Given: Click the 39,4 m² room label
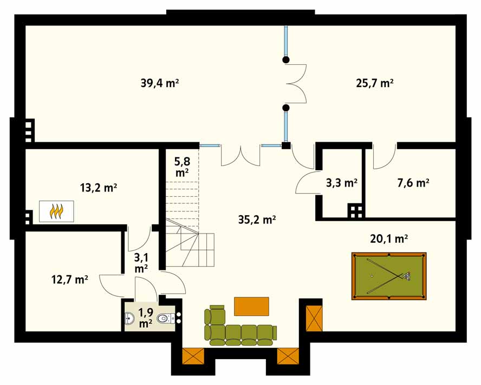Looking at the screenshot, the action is pyautogui.click(x=159, y=83).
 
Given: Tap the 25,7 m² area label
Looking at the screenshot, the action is pyautogui.click(x=375, y=83).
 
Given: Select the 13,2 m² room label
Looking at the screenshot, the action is pyautogui.click(x=99, y=188).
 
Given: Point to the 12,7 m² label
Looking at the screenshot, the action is pyautogui.click(x=70, y=280).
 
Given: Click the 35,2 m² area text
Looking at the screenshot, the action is pyautogui.click(x=257, y=220).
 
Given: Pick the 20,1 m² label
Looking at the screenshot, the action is pyautogui.click(x=389, y=238).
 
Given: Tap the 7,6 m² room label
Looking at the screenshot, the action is pyautogui.click(x=413, y=183).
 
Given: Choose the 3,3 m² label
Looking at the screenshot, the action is pyautogui.click(x=341, y=183).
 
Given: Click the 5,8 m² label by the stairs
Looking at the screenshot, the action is pyautogui.click(x=182, y=167).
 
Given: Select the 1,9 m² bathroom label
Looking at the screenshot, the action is pyautogui.click(x=146, y=318).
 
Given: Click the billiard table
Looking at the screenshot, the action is pyautogui.click(x=389, y=276).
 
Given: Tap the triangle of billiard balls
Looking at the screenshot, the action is pyautogui.click(x=406, y=276).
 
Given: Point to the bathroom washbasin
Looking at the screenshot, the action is pyautogui.click(x=129, y=318).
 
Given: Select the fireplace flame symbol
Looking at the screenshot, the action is pyautogui.click(x=56, y=211).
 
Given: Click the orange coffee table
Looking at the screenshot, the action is pyautogui.click(x=251, y=306).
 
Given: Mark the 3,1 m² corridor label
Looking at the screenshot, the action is pyautogui.click(x=141, y=263).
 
